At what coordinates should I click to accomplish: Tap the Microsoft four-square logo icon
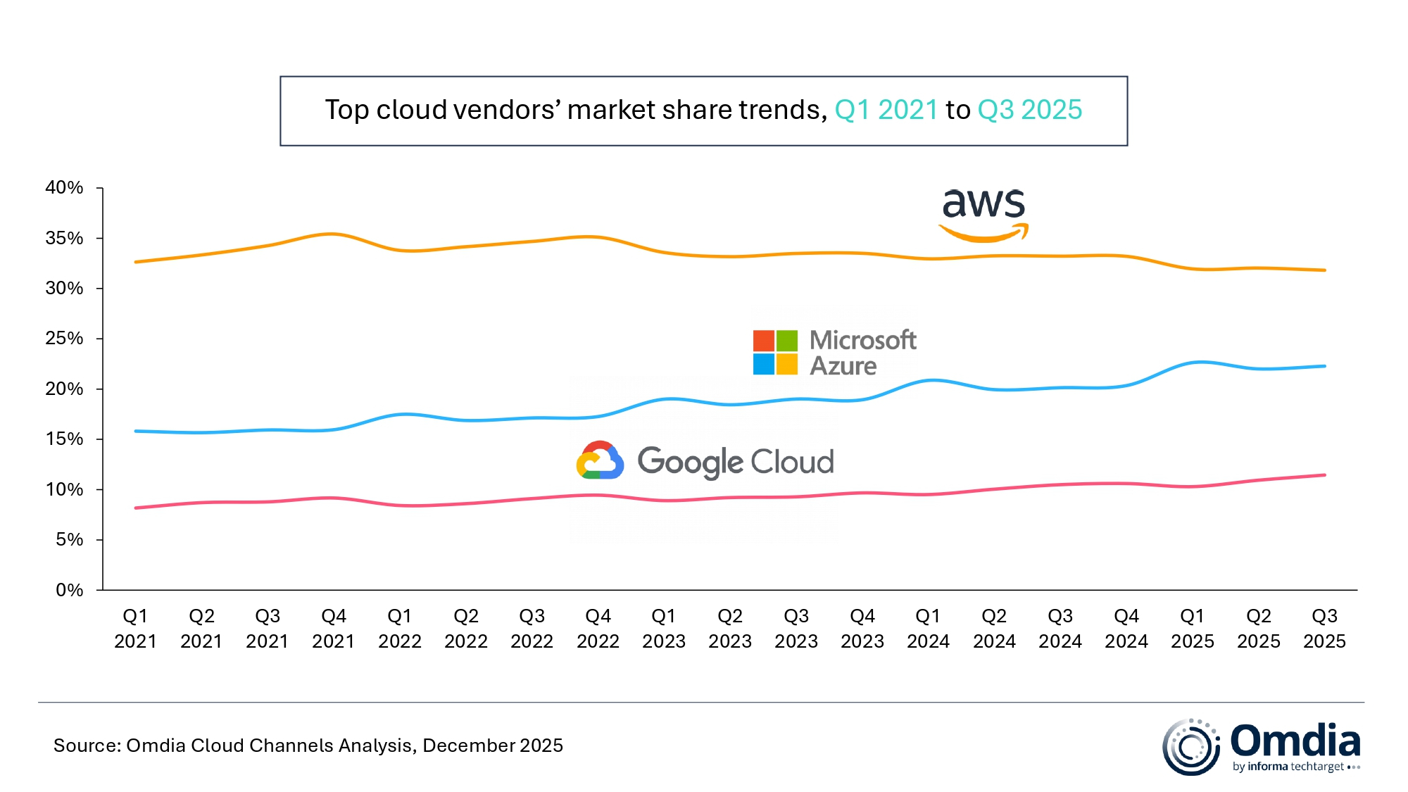point(775,352)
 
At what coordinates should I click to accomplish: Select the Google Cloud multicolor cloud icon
point(600,461)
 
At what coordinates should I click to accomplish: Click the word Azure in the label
point(843,366)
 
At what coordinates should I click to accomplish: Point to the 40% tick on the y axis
point(64,188)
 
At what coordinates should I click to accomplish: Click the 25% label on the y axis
point(64,339)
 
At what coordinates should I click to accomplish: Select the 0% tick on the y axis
point(69,590)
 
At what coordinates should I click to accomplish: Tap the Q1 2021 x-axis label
point(135,629)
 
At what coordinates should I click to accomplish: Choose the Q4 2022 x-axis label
point(598,629)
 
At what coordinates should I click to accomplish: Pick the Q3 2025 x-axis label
point(1324,629)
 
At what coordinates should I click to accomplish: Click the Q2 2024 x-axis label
point(994,629)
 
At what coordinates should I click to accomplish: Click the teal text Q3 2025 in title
point(1029,110)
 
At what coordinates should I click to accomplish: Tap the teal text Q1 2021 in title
point(886,110)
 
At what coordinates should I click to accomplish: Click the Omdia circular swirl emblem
point(1191,747)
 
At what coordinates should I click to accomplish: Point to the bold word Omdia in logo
point(1295,741)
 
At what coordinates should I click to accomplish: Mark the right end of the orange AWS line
point(1324,270)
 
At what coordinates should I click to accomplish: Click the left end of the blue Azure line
point(136,431)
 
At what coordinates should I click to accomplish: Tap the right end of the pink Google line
point(1324,475)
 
